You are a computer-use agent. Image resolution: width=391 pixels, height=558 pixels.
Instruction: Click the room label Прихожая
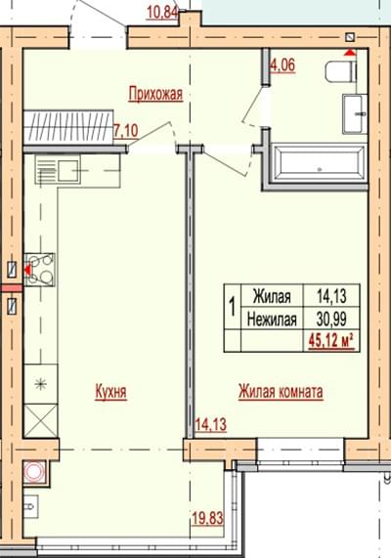155,95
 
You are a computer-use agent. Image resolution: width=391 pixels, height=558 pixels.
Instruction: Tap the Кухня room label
110,392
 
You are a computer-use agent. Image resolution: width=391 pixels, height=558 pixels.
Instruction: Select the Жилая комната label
281,392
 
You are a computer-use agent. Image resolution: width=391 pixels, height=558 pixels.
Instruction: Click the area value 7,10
126,131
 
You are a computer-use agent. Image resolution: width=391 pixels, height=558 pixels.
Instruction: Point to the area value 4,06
283,65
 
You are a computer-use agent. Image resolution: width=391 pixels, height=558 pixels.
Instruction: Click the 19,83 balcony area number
207,518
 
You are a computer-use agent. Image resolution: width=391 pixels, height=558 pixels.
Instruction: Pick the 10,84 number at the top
162,13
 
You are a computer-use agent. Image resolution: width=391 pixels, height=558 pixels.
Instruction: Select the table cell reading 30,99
331,320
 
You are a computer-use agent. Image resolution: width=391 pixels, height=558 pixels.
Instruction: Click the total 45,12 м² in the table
331,342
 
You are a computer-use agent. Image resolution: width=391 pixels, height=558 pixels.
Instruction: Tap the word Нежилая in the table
272,320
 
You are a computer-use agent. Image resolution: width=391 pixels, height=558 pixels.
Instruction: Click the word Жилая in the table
272,296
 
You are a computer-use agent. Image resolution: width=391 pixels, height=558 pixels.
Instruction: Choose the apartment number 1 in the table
233,307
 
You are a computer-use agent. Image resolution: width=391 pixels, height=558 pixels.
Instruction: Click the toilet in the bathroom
341,70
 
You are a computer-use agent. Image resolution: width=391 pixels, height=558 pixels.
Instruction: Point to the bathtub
319,163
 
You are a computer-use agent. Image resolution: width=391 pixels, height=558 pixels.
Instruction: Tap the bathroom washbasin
355,114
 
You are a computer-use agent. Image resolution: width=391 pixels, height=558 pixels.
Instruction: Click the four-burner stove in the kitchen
39,270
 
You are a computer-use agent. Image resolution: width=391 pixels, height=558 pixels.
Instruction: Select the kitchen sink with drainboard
58,170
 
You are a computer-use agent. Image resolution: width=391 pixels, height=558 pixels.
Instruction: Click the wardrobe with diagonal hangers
68,127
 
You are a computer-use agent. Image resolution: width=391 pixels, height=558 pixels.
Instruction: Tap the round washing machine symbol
34,472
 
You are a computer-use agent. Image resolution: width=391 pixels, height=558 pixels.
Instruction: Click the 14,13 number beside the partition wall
211,424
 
